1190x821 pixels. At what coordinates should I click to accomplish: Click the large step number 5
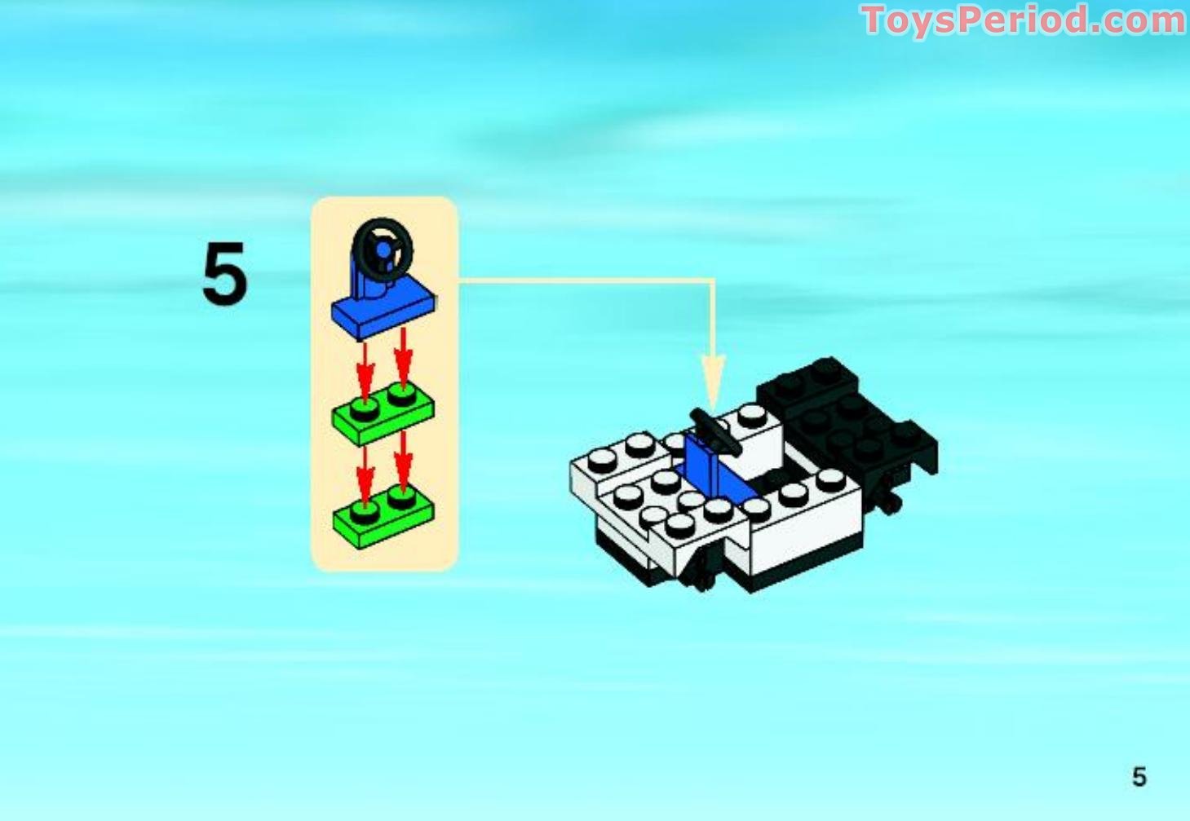[224, 275]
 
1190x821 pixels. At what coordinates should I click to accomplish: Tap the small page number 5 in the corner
[1139, 777]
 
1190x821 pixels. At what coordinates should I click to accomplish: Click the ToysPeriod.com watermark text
[1023, 20]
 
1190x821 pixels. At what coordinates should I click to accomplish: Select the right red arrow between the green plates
[403, 461]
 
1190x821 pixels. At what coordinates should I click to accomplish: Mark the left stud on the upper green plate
[365, 405]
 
